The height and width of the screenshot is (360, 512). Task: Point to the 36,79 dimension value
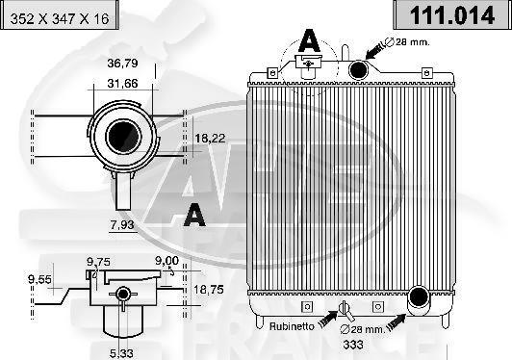tap(121, 64)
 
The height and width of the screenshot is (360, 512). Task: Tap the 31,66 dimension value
tap(121, 84)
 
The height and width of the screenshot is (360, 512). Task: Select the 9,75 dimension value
tap(98, 260)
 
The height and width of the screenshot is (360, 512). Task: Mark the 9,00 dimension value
tap(166, 260)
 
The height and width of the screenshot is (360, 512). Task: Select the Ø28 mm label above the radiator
tap(404, 42)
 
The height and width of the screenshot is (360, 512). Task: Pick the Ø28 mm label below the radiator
tap(366, 330)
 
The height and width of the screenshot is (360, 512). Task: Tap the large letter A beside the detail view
tap(194, 214)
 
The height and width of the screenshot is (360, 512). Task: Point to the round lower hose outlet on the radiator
tap(419, 299)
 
